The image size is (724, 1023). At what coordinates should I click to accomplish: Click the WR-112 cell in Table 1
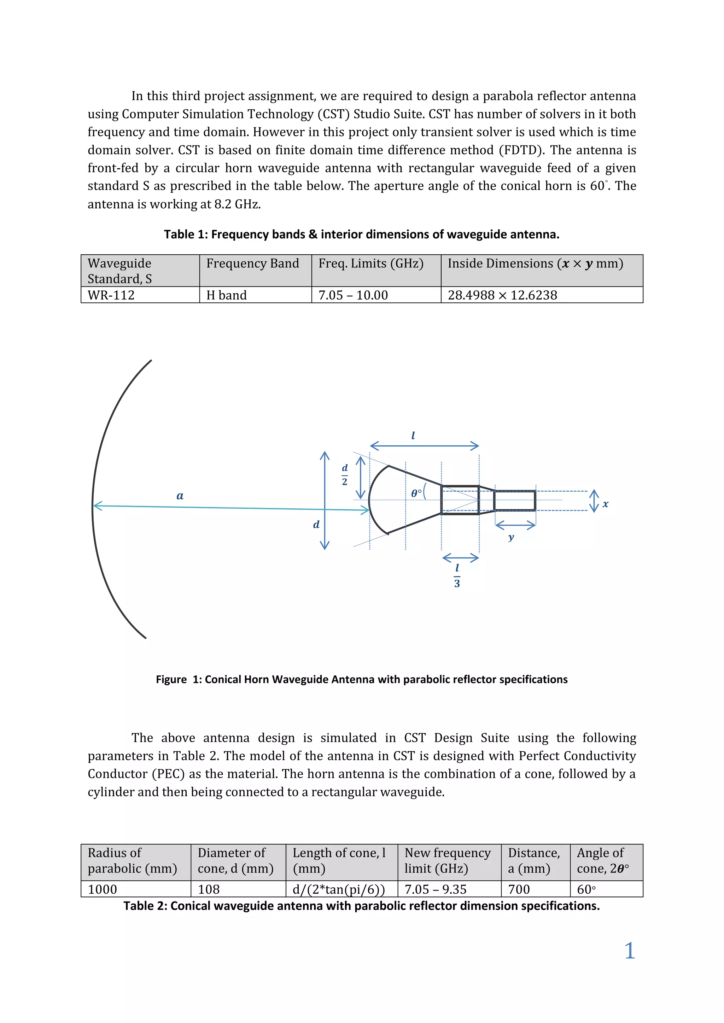(x=111, y=295)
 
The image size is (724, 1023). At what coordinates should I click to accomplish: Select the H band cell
(x=227, y=295)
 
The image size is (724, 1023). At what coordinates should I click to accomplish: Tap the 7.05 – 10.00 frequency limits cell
(x=353, y=295)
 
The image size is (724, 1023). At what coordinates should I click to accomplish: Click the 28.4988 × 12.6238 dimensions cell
(x=502, y=295)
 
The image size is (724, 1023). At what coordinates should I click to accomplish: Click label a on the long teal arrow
(x=180, y=496)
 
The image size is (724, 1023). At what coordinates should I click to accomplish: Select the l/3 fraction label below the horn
(x=457, y=575)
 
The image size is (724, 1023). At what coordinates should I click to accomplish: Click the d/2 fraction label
(x=345, y=474)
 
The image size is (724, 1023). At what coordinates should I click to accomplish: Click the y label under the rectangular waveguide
(x=511, y=537)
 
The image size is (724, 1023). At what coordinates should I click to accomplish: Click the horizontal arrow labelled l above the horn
(x=425, y=445)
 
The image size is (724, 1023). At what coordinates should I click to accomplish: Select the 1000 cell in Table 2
(x=103, y=889)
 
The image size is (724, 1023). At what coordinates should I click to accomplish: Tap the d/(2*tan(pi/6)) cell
(x=339, y=889)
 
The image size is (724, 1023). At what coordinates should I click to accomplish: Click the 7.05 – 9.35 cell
(x=436, y=889)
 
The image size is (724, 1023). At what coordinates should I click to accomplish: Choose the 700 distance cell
(x=519, y=889)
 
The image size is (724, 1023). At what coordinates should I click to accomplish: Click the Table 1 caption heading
(x=362, y=234)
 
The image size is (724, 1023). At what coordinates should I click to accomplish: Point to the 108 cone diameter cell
(x=209, y=889)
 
